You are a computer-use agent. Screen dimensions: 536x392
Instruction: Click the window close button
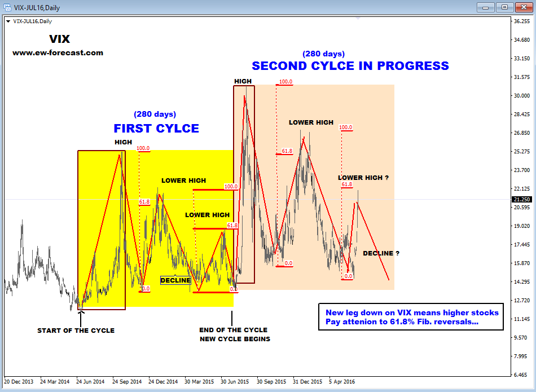tap(524, 7)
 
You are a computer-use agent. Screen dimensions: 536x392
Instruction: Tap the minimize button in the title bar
tap(485, 7)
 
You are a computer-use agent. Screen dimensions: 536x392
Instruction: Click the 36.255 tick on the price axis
tap(522, 21)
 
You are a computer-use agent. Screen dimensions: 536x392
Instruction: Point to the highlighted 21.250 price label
tap(522, 199)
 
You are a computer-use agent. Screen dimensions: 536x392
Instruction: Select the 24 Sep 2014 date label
tap(127, 381)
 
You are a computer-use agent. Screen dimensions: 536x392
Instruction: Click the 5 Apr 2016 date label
tap(342, 381)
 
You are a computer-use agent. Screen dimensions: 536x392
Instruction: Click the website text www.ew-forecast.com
tap(58, 52)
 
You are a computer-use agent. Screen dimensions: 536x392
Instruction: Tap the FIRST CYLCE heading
tap(156, 128)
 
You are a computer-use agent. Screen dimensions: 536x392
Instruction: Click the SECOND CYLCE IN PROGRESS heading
tap(350, 65)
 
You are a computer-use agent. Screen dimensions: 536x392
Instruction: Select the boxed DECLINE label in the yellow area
tap(175, 280)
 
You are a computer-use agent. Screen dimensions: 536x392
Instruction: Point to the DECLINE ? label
tap(381, 253)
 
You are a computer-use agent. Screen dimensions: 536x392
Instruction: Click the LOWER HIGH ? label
tap(363, 178)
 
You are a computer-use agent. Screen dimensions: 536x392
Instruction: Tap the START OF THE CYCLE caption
tap(76, 331)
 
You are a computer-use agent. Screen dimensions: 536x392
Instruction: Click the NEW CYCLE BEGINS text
tap(235, 339)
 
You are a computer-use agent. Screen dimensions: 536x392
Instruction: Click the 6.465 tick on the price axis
tap(522, 375)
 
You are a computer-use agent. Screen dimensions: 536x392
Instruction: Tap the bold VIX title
tap(59, 39)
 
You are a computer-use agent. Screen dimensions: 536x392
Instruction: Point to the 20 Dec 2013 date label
tap(19, 381)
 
